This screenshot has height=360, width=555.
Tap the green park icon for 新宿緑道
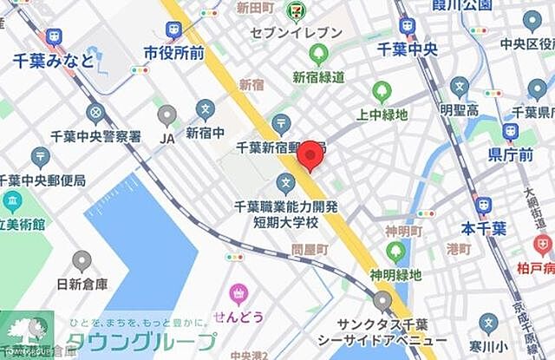pyautogui.click(x=319, y=55)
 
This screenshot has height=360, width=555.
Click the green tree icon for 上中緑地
pyautogui.click(x=382, y=91)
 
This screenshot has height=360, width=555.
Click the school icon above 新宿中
pyautogui.click(x=205, y=108)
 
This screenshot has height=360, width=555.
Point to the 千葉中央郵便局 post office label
pyautogui.click(x=43, y=180)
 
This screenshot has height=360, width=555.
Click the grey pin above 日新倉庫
pyautogui.click(x=82, y=260)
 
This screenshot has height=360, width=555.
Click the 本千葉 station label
pyautogui.click(x=483, y=229)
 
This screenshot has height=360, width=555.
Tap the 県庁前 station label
pyautogui.click(x=509, y=154)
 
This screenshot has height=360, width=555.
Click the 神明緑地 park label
pyautogui.click(x=395, y=275)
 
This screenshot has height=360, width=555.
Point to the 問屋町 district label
pyautogui.click(x=310, y=249)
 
